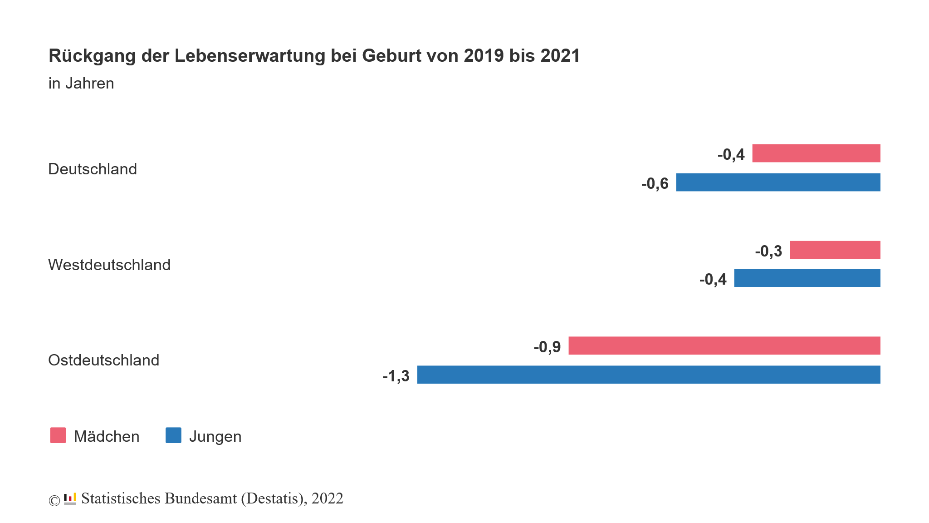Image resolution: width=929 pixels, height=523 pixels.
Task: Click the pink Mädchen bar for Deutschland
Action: pos(816,153)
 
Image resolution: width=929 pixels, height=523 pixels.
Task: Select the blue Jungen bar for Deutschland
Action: pos(778,182)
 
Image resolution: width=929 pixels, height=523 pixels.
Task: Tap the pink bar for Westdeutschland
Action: pos(835,250)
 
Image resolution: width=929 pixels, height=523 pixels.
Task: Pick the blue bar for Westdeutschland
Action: pos(807,278)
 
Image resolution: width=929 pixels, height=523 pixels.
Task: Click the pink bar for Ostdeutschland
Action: pos(724,345)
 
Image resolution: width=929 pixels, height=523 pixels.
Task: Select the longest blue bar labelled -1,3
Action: pos(649,375)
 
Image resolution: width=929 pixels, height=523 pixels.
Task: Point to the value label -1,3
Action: pos(396,376)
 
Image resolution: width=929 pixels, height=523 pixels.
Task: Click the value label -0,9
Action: pos(547,347)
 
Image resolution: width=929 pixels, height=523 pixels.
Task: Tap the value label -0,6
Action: pos(655,183)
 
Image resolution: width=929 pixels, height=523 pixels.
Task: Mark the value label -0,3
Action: pos(768,251)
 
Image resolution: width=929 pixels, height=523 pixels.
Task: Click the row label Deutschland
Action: pos(93,169)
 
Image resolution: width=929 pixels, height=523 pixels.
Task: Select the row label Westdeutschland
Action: pos(109,265)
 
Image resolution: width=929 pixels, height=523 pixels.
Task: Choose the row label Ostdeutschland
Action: pos(104,360)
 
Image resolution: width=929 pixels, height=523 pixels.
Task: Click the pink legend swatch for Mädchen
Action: pos(58,435)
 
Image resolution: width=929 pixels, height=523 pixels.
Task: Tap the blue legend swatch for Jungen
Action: pos(173,435)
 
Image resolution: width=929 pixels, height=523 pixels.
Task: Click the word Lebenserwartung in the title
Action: pos(250,56)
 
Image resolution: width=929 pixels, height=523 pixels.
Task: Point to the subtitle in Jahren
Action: pos(81,84)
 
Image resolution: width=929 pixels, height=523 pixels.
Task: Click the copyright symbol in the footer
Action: pos(54,500)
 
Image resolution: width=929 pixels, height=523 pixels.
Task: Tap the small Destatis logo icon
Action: pos(70,498)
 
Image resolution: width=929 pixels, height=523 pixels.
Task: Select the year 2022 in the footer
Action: pos(327,498)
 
